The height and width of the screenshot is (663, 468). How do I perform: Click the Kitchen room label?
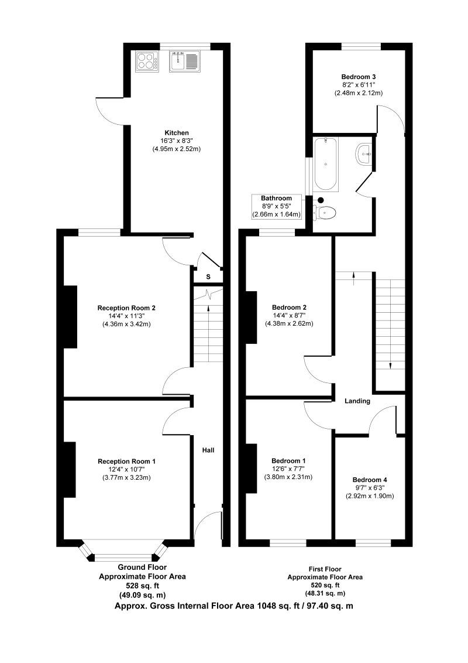tap(176, 132)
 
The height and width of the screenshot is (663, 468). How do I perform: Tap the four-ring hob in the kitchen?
tap(147, 61)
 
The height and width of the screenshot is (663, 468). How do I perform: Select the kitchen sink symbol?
tap(185, 61)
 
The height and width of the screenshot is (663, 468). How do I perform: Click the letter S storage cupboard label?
tap(208, 277)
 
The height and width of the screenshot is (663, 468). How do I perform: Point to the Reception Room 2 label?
tap(126, 307)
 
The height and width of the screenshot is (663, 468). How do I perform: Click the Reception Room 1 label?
tap(126, 462)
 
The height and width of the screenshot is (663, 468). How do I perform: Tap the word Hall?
tap(208, 450)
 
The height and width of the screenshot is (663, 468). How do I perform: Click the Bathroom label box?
tap(276, 206)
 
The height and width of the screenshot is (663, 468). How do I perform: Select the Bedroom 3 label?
tap(358, 77)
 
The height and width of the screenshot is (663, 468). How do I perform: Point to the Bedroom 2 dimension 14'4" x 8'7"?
tap(289, 316)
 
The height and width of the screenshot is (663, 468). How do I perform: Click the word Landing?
tap(357, 401)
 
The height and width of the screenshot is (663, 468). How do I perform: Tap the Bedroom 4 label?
tap(370, 480)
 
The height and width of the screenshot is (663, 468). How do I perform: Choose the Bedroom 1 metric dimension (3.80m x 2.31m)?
tap(288, 477)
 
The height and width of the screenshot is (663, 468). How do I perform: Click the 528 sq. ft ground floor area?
tap(142, 585)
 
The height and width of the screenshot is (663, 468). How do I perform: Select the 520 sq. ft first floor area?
tap(325, 585)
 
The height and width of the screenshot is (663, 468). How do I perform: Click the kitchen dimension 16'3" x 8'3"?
tap(176, 141)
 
